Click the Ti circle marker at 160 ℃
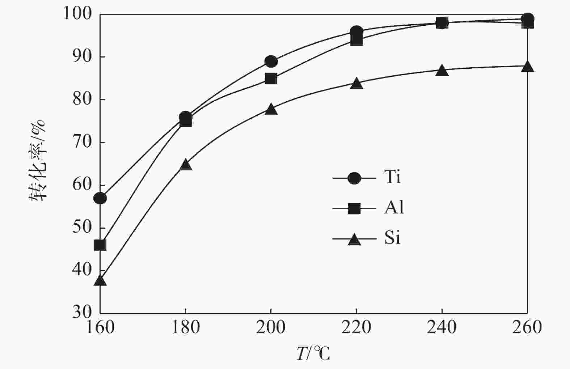coord(100,198)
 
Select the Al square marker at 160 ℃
coord(100,245)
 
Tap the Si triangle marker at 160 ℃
coord(100,281)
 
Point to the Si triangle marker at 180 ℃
coord(185,165)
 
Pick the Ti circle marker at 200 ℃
coord(271,61)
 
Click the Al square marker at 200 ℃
coord(271,79)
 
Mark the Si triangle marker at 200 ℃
coord(271,109)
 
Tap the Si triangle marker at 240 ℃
coord(442,71)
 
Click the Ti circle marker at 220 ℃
coord(356,31)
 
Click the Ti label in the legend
coord(392,177)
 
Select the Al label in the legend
coord(394,208)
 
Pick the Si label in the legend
coord(392,238)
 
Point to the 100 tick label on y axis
coord(77,14)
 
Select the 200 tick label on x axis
coord(271,328)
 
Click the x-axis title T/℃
coord(313,354)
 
